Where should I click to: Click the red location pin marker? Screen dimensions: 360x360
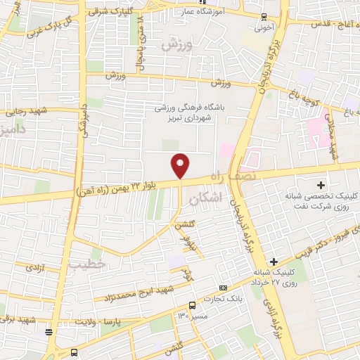[181, 165]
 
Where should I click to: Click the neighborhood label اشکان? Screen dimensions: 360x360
[225, 199]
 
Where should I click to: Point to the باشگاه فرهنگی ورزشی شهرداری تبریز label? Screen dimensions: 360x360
[188, 112]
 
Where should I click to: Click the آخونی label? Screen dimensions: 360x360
[264, 30]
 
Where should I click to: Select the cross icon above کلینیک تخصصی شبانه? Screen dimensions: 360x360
[321, 185]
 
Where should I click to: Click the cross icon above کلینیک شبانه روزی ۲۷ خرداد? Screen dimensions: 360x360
[274, 262]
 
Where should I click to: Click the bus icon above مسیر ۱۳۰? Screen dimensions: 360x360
[191, 304]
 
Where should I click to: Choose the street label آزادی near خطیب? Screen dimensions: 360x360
[32, 267]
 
